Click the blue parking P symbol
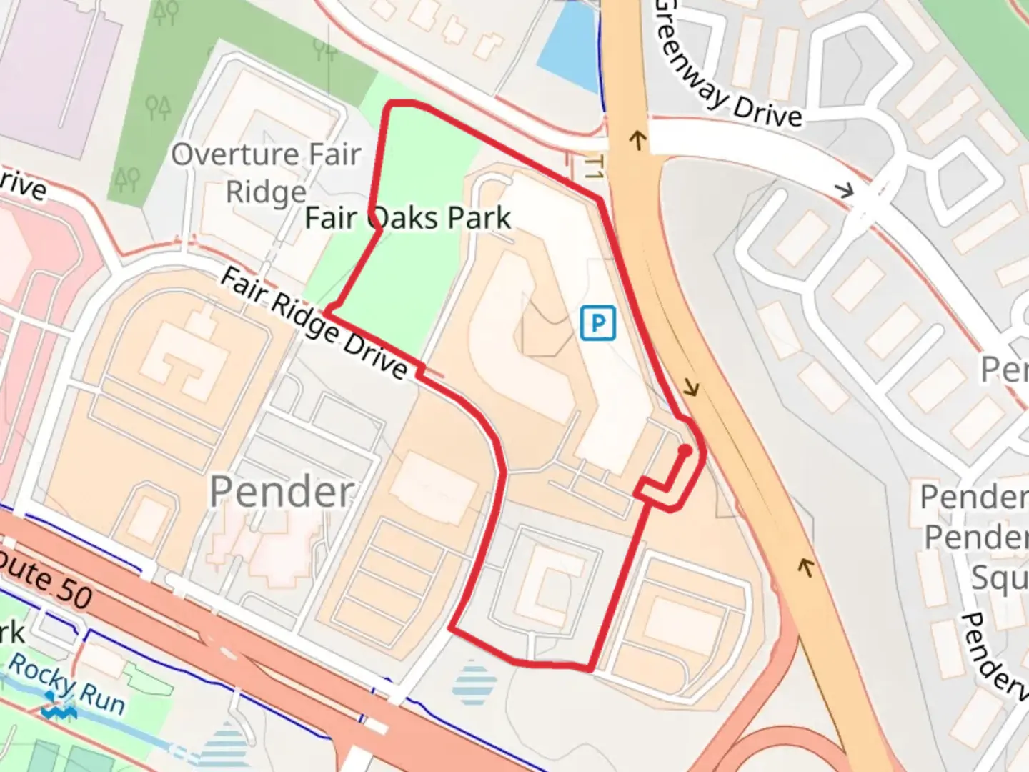pyautogui.click(x=597, y=323)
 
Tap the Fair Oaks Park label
pyautogui.click(x=408, y=218)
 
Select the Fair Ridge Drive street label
pyautogui.click(x=314, y=323)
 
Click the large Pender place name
pyautogui.click(x=282, y=492)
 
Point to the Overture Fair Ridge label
pyautogui.click(x=266, y=173)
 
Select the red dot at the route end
pyautogui.click(x=684, y=450)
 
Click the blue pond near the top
pyautogui.click(x=568, y=46)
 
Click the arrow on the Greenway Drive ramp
pyautogui.click(x=844, y=190)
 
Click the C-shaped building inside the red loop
pyautogui.click(x=554, y=582)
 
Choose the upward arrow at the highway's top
pyautogui.click(x=636, y=139)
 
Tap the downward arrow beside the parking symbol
pyautogui.click(x=691, y=389)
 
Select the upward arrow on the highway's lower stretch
pyautogui.click(x=806, y=568)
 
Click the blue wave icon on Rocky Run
pyautogui.click(x=59, y=712)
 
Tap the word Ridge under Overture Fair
pyautogui.click(x=266, y=192)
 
